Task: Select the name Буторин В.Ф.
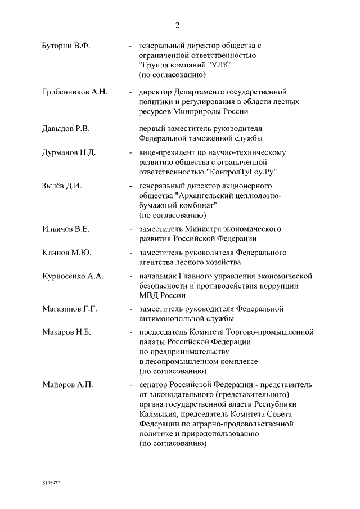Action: [x=66, y=46]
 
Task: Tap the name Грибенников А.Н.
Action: [x=75, y=92]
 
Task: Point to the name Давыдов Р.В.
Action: [x=66, y=128]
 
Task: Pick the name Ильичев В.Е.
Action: [x=66, y=229]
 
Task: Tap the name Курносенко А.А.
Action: [x=73, y=276]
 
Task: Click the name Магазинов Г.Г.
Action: [x=70, y=309]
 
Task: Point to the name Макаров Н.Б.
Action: [x=66, y=332]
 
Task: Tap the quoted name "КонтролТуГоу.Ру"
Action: [x=242, y=172]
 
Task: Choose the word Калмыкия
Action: [x=158, y=415]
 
